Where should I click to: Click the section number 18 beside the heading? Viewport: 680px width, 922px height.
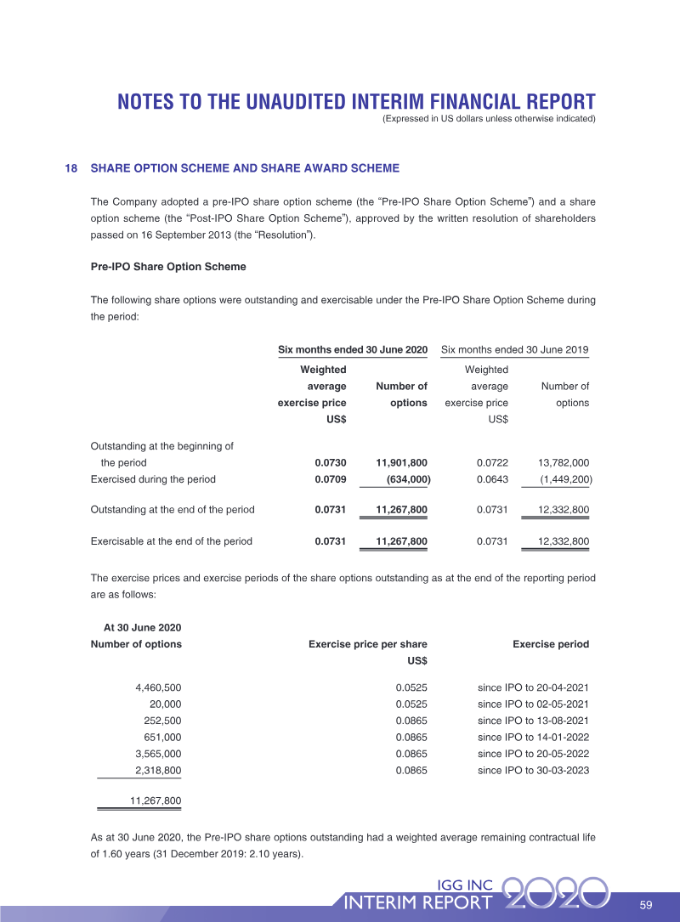pos(71,168)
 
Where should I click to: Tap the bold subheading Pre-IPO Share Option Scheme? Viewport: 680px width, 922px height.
pos(167,267)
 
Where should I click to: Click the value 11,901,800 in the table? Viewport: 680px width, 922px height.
pos(401,463)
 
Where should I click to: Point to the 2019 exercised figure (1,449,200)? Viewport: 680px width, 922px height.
pos(566,479)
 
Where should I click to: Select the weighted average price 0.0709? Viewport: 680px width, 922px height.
pos(331,479)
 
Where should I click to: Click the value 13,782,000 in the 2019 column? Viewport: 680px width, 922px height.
pos(564,463)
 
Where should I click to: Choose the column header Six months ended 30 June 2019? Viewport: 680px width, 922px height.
pos(514,350)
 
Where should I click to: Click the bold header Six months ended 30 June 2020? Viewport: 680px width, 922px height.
pos(353,350)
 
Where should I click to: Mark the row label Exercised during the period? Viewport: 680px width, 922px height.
pos(153,479)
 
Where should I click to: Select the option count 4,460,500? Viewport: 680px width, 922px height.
pos(158,687)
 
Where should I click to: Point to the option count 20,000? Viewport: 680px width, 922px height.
pos(165,704)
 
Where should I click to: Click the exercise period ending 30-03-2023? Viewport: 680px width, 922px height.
pos(533,771)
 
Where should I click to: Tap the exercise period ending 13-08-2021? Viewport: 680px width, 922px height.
pos(533,721)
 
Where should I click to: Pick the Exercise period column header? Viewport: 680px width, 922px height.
pos(551,644)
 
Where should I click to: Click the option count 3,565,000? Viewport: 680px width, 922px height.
pos(158,754)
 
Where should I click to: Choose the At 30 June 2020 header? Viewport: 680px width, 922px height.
pos(142,627)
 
